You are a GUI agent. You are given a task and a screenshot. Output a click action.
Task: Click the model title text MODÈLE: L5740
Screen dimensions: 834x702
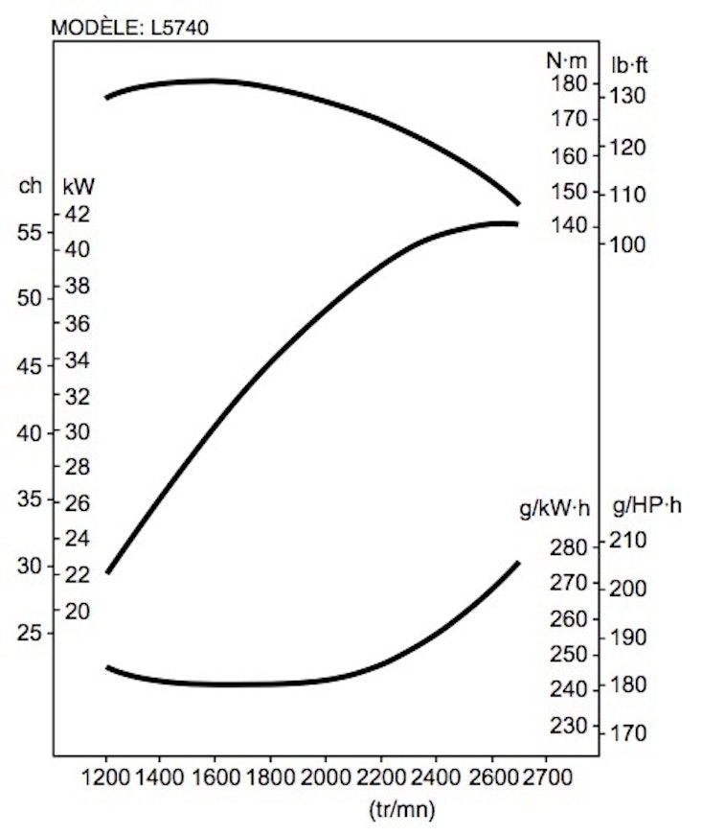pyautogui.click(x=128, y=28)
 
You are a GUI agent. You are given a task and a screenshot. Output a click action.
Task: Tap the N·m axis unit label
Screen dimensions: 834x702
pyautogui.click(x=565, y=60)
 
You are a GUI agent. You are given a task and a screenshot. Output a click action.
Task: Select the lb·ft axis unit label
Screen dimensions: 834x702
pyautogui.click(x=631, y=64)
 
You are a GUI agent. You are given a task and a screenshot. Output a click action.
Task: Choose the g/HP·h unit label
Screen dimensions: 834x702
pyautogui.click(x=646, y=507)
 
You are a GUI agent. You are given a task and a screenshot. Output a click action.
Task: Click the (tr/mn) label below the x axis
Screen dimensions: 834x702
pyautogui.click(x=401, y=810)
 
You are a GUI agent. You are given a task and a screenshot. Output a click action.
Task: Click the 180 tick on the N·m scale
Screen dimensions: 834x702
pyautogui.click(x=568, y=84)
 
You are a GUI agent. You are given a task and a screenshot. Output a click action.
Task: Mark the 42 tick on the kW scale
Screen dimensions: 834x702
pyautogui.click(x=78, y=213)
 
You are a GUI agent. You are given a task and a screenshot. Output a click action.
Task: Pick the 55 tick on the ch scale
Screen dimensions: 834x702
pyautogui.click(x=30, y=232)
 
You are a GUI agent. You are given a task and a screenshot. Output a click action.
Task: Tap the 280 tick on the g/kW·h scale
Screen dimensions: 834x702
pyautogui.click(x=568, y=547)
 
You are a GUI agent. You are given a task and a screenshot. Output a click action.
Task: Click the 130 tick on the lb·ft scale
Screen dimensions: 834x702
pyautogui.click(x=628, y=95)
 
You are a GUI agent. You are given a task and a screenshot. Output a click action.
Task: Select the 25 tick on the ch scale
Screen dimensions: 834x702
pyautogui.click(x=30, y=634)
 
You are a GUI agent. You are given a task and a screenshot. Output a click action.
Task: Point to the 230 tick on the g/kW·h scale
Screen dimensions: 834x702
pyautogui.click(x=568, y=725)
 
